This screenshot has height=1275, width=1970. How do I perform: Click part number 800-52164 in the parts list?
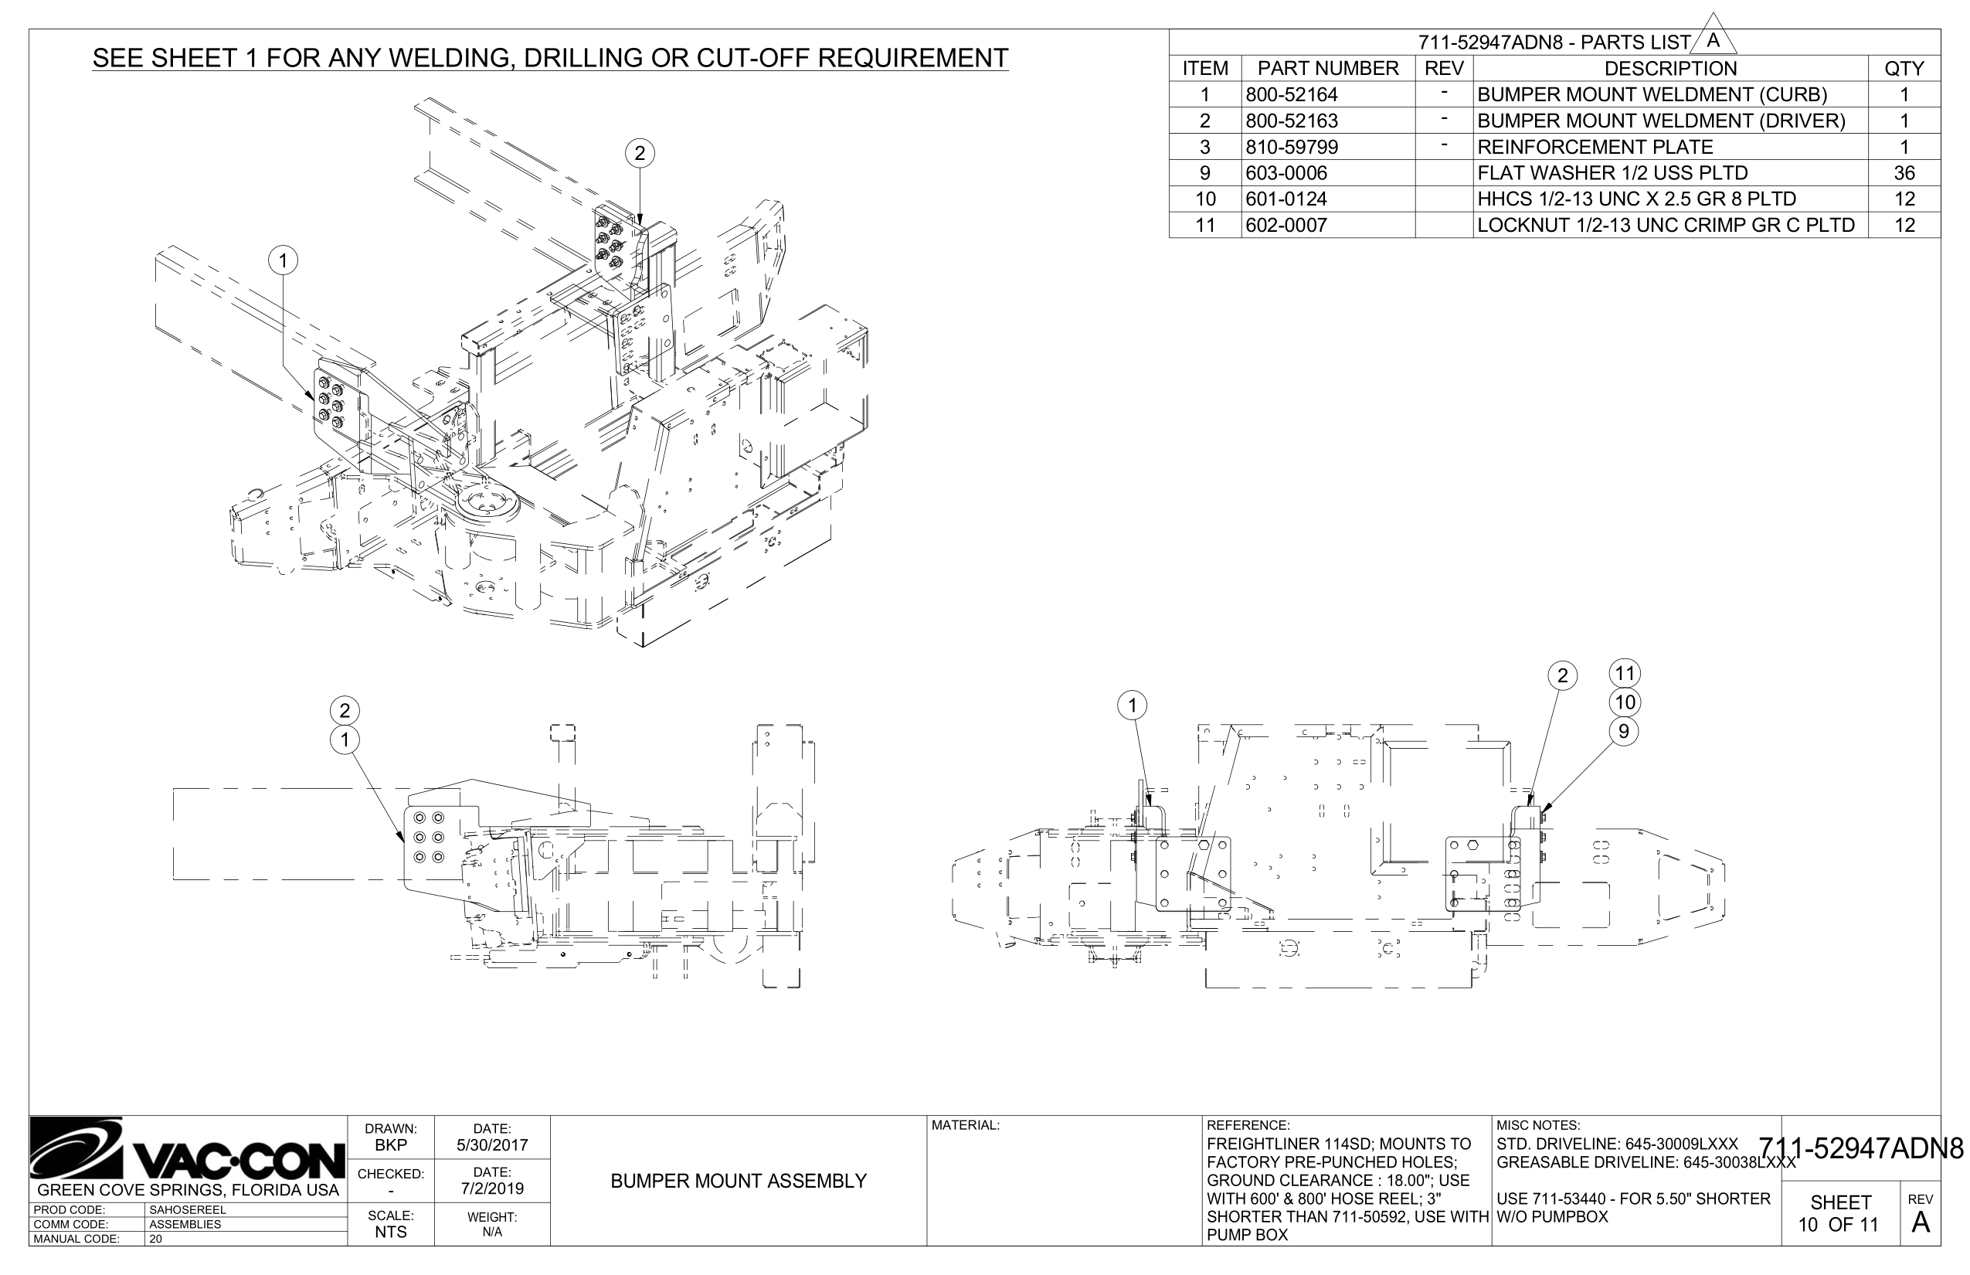pyautogui.click(x=1291, y=94)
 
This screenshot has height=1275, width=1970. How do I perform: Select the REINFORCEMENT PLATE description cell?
pyautogui.click(x=1595, y=148)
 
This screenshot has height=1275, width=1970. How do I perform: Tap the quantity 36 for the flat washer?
pyautogui.click(x=1904, y=173)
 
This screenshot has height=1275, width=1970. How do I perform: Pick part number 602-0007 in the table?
pyautogui.click(x=1286, y=225)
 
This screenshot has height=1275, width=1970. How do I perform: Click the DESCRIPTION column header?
pyautogui.click(x=1669, y=69)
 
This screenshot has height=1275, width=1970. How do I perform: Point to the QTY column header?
pyautogui.click(x=1904, y=69)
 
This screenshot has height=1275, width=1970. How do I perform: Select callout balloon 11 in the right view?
pyautogui.click(x=1625, y=673)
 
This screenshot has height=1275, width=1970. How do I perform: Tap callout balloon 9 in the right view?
pyautogui.click(x=1623, y=731)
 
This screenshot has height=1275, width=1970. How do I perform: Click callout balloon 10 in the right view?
pyautogui.click(x=1625, y=702)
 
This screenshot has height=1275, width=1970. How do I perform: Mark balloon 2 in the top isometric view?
pyautogui.click(x=639, y=153)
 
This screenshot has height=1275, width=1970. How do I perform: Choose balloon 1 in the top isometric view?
pyautogui.click(x=283, y=261)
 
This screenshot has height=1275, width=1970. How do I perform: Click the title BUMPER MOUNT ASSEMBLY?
pyautogui.click(x=739, y=1181)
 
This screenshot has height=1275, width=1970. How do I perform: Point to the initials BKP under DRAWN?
pyautogui.click(x=391, y=1145)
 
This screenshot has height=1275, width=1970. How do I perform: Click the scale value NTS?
pyautogui.click(x=391, y=1232)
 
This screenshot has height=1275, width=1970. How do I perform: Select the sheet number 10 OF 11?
pyautogui.click(x=1839, y=1225)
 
